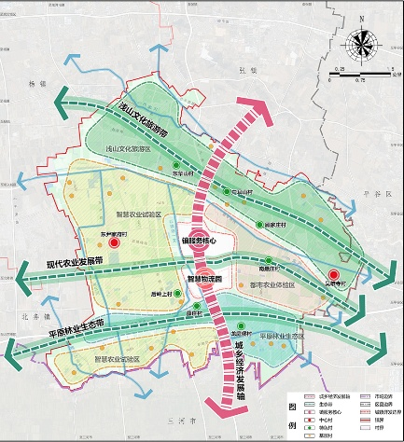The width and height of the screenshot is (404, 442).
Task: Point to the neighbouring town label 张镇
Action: click(246, 70)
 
